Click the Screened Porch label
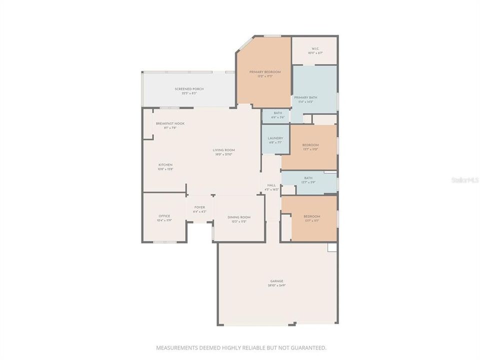pos(189,89)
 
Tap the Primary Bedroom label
pos(265,72)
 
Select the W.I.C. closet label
pos(315,49)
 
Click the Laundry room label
pos(275,138)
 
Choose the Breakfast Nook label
pos(170,123)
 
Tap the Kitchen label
pos(165,165)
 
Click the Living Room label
pos(224,150)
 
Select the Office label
pos(164,216)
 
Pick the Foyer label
pos(199,207)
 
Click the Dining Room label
pos(238,217)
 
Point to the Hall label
pos(271,185)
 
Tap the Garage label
pos(277,281)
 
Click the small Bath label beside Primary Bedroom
pos(277,113)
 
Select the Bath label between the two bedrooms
pos(308,178)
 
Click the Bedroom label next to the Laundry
pos(310,145)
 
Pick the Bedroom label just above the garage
pos(312,216)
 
